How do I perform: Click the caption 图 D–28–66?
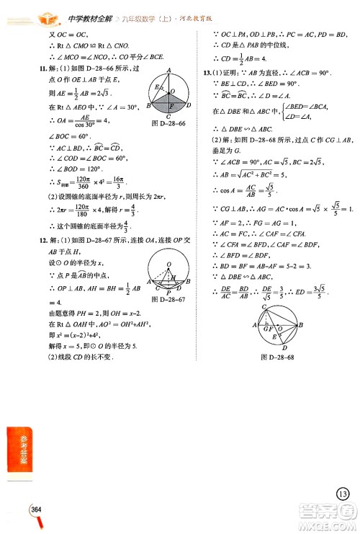pyautogui.click(x=165, y=124)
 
